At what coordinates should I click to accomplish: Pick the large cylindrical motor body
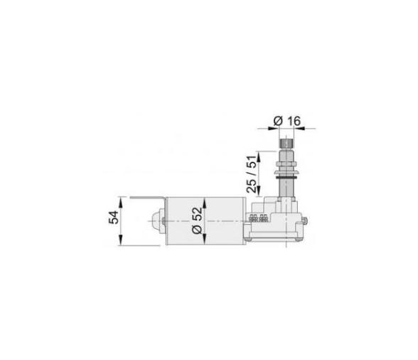(x=206, y=223)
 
